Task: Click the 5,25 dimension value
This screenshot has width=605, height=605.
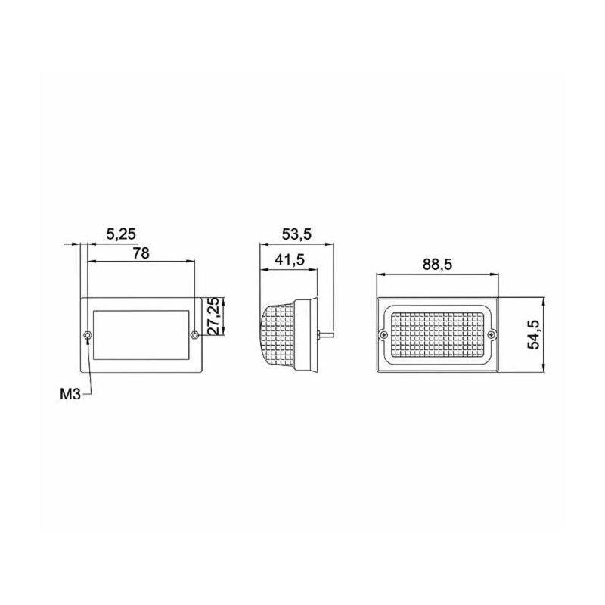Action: click(x=121, y=234)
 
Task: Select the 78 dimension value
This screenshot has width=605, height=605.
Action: click(x=141, y=253)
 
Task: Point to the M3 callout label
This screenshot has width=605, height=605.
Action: click(x=70, y=394)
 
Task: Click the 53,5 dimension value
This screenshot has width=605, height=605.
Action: click(x=296, y=234)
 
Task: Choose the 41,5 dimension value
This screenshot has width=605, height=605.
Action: click(x=290, y=260)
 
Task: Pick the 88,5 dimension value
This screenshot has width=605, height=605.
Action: click(x=437, y=265)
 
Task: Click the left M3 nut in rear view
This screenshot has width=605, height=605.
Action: click(x=88, y=335)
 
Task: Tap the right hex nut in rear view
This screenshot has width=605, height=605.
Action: click(x=194, y=334)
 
